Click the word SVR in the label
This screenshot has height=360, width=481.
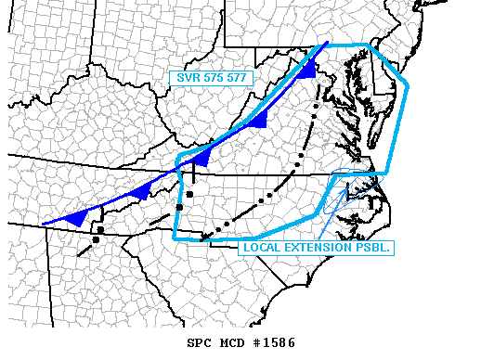click(184, 79)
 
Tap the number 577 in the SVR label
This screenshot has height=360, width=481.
click(236, 79)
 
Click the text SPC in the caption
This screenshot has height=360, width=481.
click(200, 342)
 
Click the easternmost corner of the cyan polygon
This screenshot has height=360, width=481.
click(407, 87)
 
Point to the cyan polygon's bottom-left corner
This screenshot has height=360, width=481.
click(175, 239)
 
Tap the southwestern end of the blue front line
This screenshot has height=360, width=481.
click(43, 225)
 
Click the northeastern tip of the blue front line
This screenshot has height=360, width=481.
click(327, 43)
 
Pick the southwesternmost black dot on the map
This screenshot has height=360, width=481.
click(96, 240)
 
